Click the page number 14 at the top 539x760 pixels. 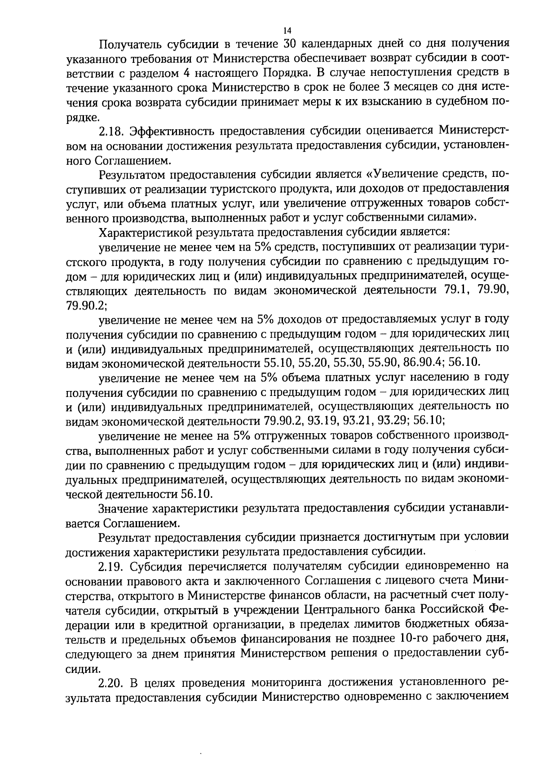coord(287,31)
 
